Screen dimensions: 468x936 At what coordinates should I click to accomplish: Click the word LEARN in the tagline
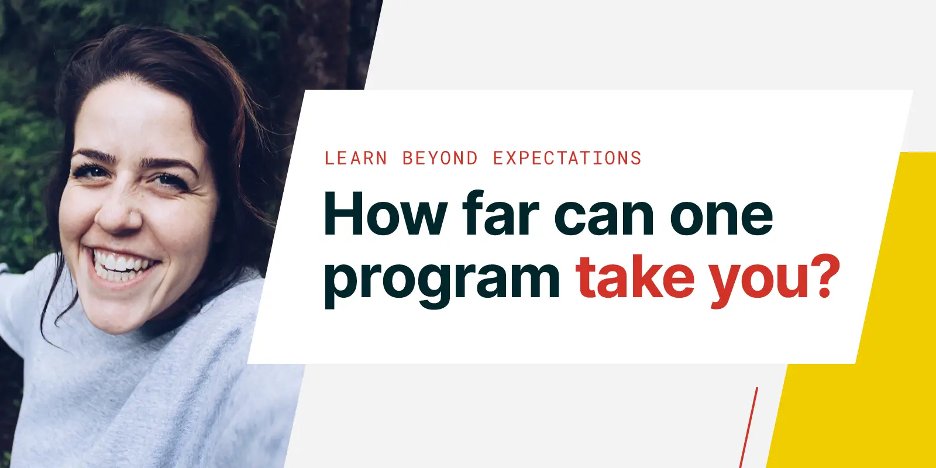[x=356, y=159]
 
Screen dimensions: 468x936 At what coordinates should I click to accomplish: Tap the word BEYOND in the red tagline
[x=440, y=159]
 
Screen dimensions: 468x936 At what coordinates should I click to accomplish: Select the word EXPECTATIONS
[x=567, y=159]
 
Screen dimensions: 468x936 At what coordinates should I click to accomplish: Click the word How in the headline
[x=385, y=215]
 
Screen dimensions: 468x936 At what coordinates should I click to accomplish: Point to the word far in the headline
[x=500, y=215]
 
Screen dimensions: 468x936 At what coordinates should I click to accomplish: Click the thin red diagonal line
[x=749, y=427]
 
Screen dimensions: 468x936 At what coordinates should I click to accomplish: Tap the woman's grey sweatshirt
[x=146, y=398]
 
